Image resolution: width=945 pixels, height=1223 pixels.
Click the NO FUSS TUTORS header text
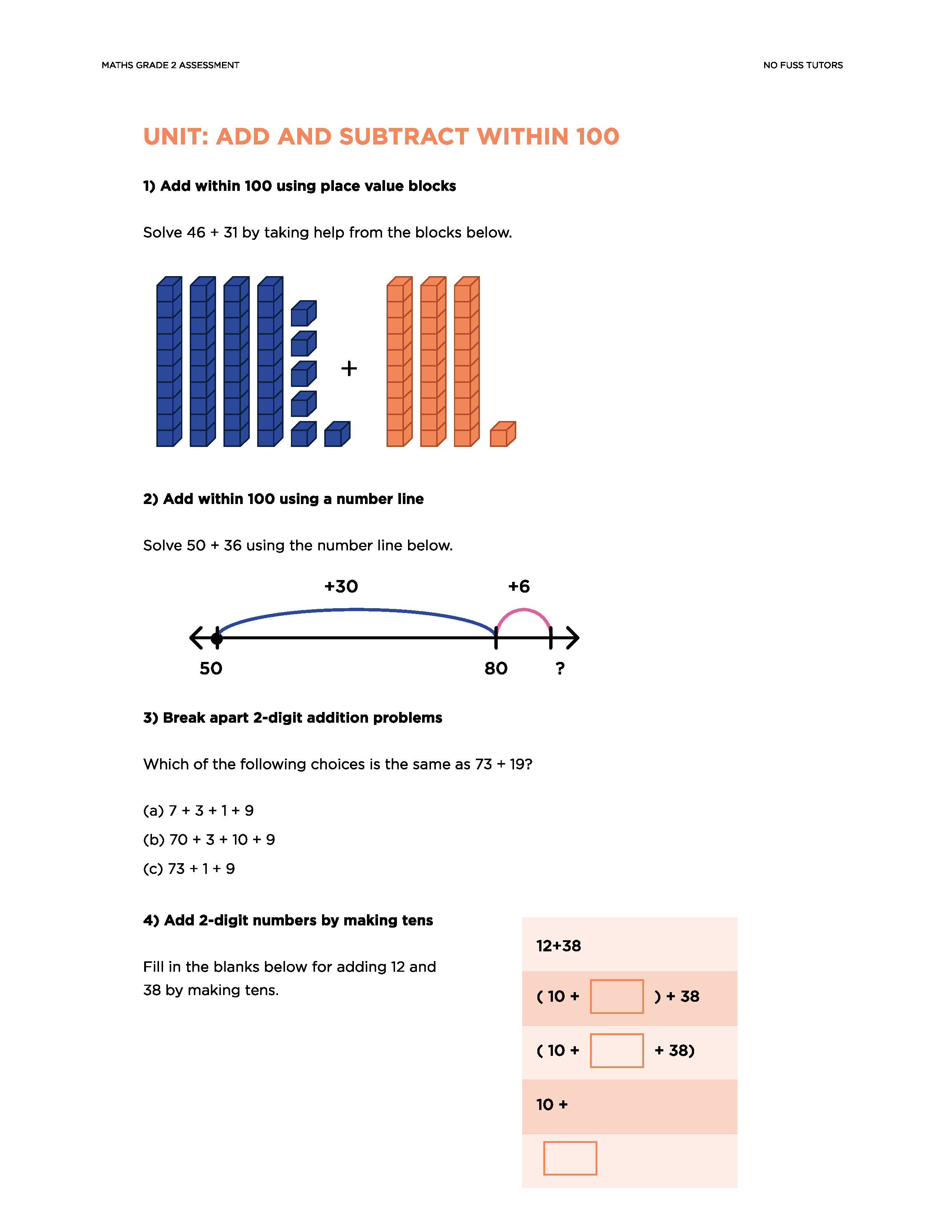click(802, 65)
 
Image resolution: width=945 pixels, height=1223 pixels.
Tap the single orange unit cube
click(502, 435)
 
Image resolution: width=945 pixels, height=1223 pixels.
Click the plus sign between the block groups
click(349, 368)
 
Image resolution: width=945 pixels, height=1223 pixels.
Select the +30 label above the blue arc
click(341, 586)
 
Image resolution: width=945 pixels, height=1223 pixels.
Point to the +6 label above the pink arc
click(518, 586)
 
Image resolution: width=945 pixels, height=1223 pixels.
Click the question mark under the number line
click(560, 668)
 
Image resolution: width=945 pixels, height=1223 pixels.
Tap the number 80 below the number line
click(495, 668)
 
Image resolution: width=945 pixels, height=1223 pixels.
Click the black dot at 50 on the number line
click(217, 638)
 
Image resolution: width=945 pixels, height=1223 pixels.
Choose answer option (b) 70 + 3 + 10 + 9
click(209, 839)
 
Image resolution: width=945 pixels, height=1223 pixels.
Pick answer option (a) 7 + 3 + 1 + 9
click(198, 810)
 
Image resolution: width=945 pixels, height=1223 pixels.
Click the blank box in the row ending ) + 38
click(616, 996)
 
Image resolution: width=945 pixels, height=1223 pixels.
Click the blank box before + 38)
click(616, 1051)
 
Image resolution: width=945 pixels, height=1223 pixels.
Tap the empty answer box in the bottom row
click(570, 1158)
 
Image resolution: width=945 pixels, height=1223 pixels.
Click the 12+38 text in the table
click(558, 946)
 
